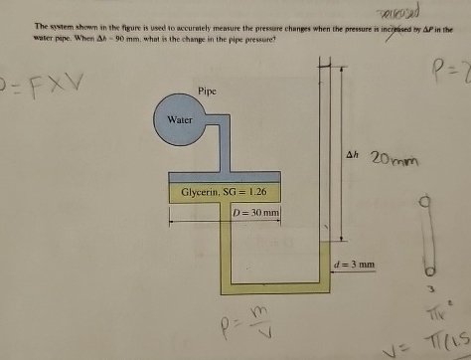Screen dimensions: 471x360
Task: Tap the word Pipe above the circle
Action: [207, 90]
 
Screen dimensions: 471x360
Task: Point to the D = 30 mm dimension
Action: [255, 213]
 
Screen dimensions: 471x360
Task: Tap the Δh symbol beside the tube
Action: [352, 155]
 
